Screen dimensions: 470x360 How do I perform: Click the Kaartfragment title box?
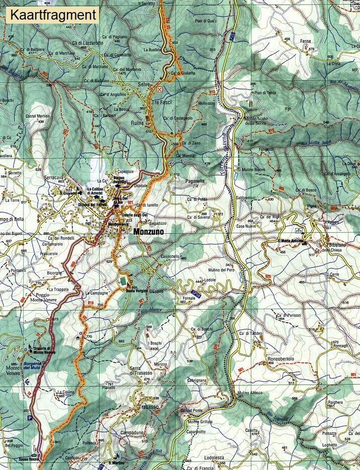53,15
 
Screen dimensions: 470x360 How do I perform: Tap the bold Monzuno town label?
153,233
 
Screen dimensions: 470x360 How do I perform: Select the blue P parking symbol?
30,418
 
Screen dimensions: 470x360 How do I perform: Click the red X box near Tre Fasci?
160,90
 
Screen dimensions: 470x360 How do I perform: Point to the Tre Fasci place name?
162,103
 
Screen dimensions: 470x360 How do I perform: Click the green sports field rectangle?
123,283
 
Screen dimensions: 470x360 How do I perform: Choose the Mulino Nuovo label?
253,170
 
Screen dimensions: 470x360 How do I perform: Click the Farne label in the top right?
306,41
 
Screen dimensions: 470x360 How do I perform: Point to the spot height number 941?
57,442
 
